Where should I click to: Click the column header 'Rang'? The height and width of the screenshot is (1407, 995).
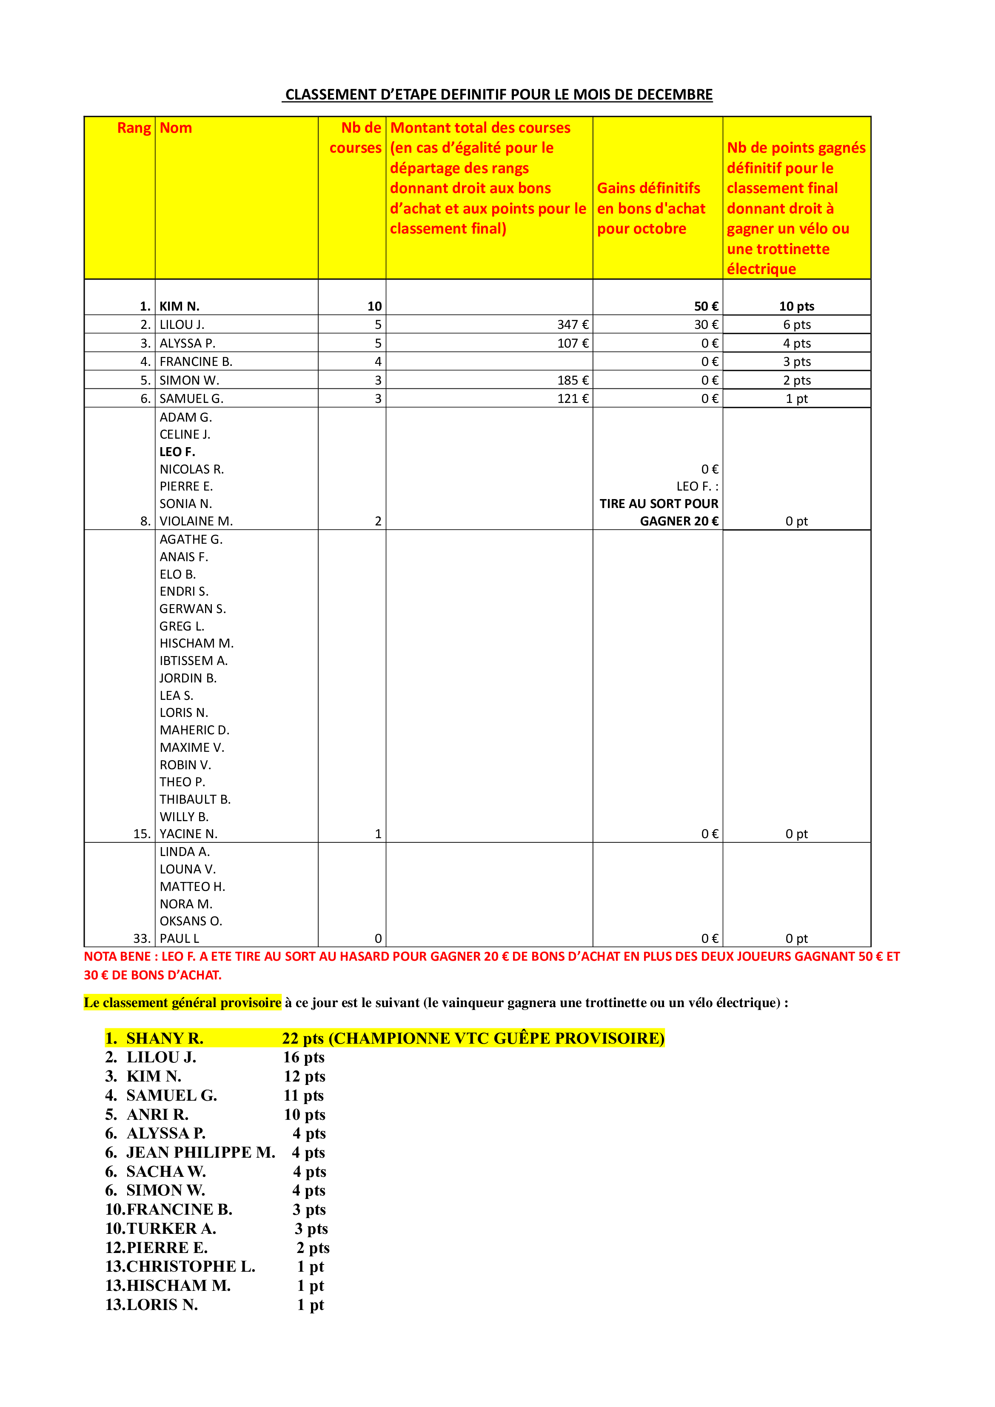click(x=134, y=128)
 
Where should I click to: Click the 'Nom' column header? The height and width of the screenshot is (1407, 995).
click(x=176, y=128)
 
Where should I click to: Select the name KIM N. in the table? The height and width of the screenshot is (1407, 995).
click(x=180, y=306)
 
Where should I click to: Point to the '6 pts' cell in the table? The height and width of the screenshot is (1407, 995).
click(x=796, y=325)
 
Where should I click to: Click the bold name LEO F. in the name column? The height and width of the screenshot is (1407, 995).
click(x=177, y=452)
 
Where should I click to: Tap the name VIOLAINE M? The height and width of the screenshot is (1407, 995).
click(x=196, y=522)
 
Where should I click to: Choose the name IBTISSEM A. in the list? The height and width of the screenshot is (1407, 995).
click(x=194, y=661)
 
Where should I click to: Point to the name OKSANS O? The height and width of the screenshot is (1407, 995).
click(x=191, y=922)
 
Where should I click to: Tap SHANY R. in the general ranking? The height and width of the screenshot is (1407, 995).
click(x=164, y=1039)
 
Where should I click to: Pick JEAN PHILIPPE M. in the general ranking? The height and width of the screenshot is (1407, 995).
click(x=200, y=1153)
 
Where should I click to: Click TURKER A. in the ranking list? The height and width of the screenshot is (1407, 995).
click(x=171, y=1229)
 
